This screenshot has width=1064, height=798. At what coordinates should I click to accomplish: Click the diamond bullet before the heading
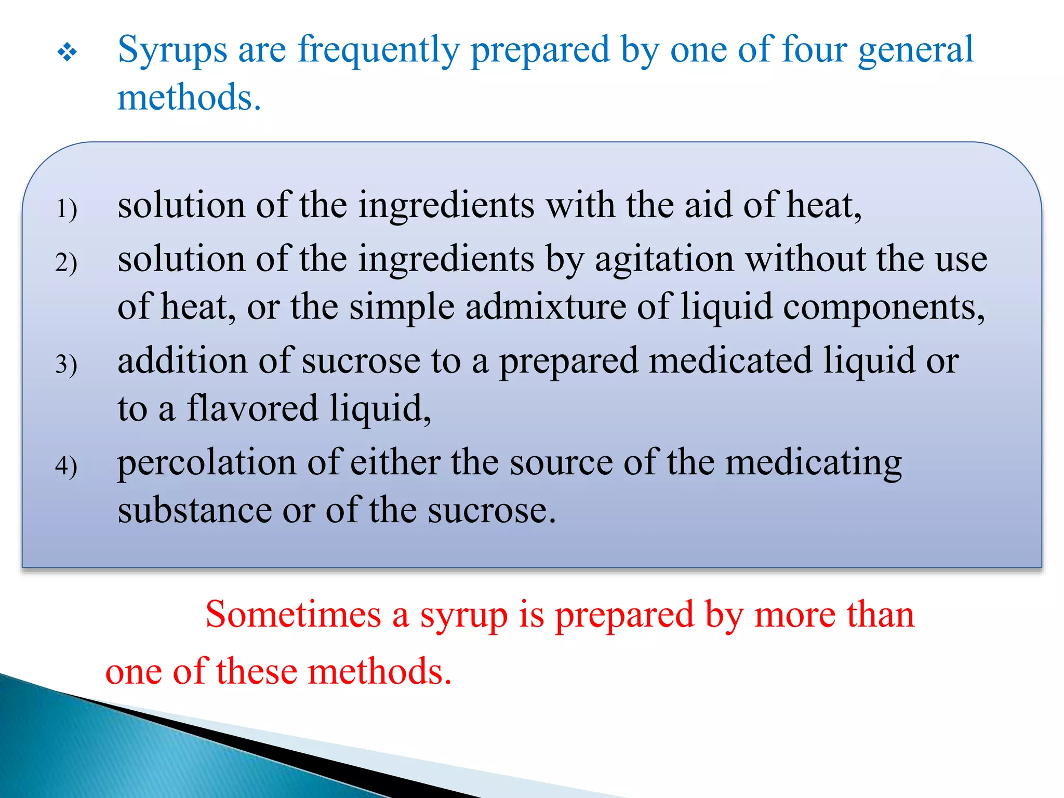pyautogui.click(x=67, y=52)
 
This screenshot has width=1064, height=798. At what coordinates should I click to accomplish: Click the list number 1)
pyautogui.click(x=66, y=209)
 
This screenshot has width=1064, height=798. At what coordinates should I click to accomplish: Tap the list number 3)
pyautogui.click(x=66, y=364)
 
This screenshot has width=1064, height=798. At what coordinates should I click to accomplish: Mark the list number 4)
pyautogui.click(x=66, y=465)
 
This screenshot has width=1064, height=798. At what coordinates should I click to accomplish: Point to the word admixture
pyautogui.click(x=546, y=307)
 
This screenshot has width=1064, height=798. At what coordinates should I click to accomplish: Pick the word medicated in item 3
pyautogui.click(x=730, y=361)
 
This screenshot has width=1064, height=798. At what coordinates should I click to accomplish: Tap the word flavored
pyautogui.click(x=252, y=408)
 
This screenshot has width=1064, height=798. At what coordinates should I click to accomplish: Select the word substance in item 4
pyautogui.click(x=194, y=510)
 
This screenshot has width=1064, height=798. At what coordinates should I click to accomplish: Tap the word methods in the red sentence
pyautogui.click(x=379, y=671)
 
